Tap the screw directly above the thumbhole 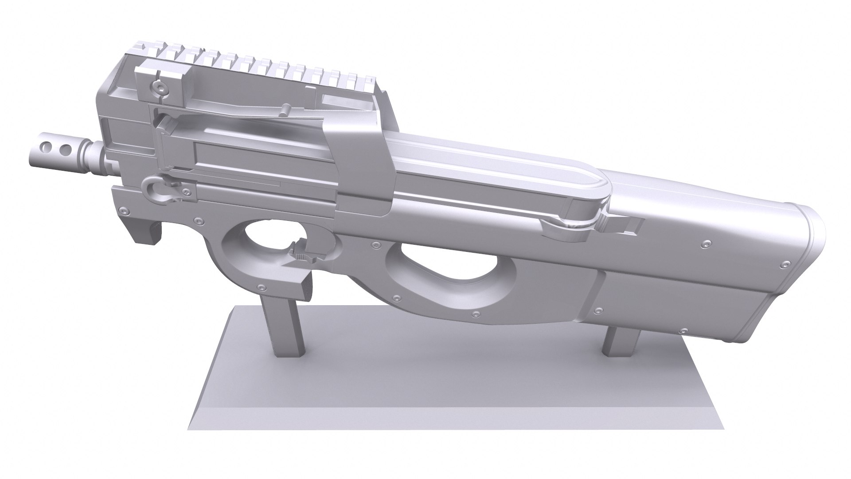pos(376,244)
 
